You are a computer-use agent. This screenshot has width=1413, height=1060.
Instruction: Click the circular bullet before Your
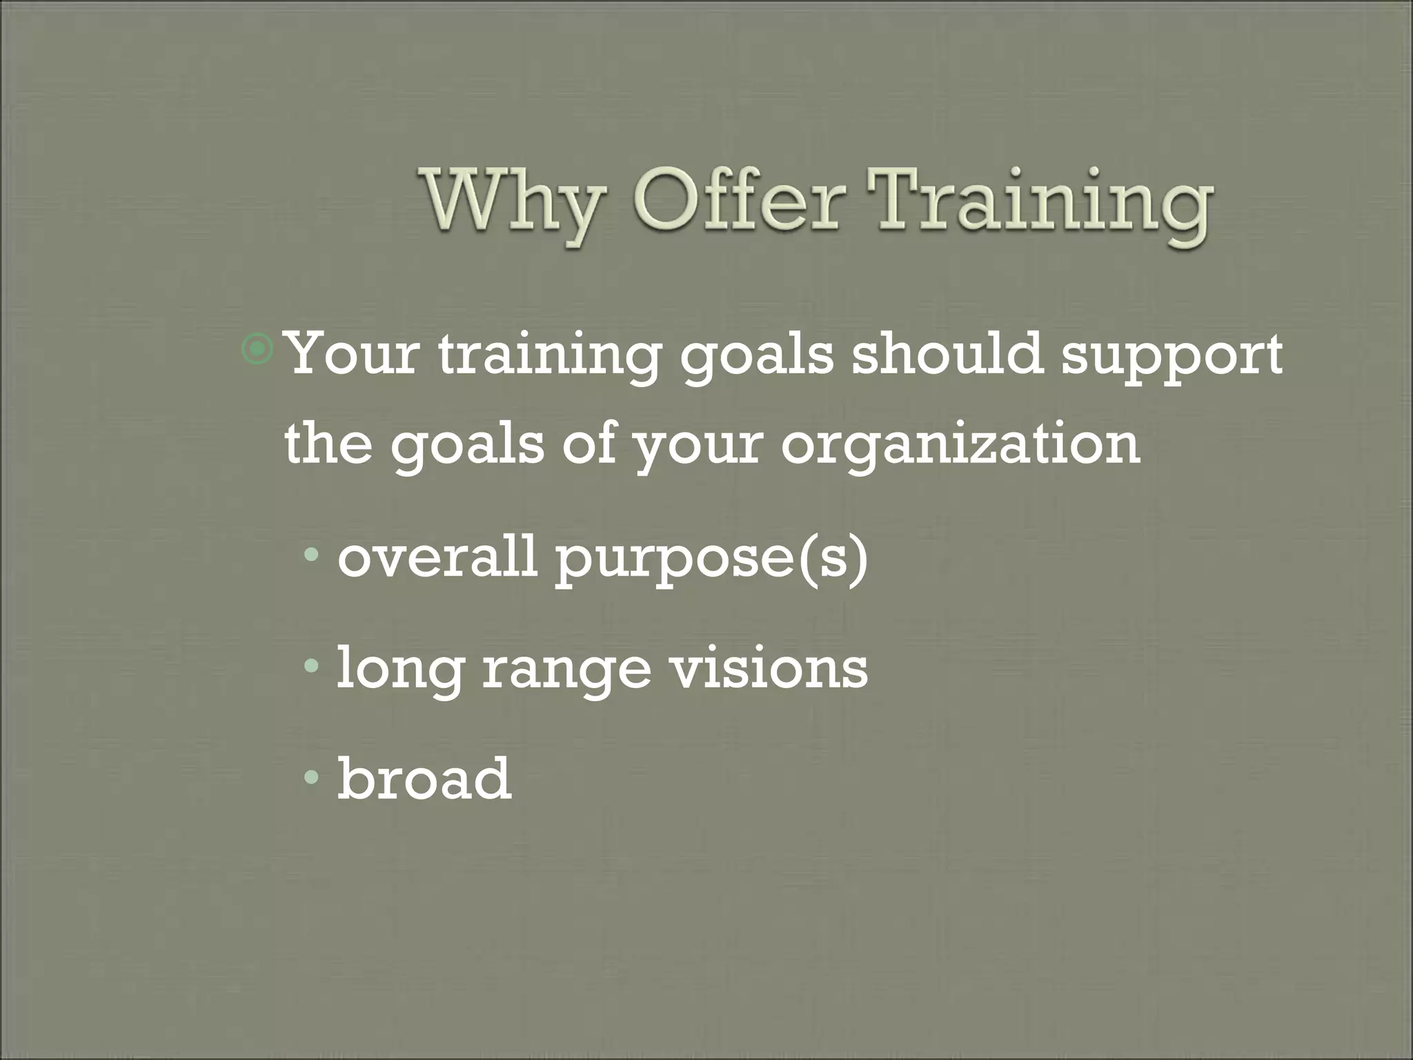(259, 351)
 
